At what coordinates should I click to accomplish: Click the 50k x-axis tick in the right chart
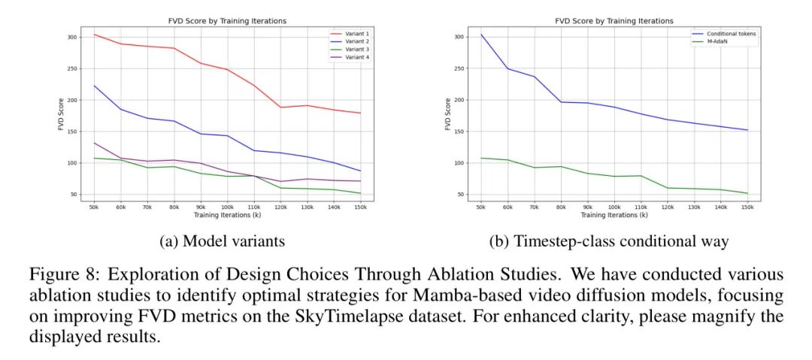click(x=480, y=207)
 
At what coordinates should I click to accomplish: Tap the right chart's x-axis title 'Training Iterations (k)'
click(x=614, y=215)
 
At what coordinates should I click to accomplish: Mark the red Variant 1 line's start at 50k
click(x=94, y=34)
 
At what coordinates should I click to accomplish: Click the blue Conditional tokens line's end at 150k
click(x=747, y=130)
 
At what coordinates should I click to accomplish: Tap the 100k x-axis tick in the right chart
click(x=614, y=207)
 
